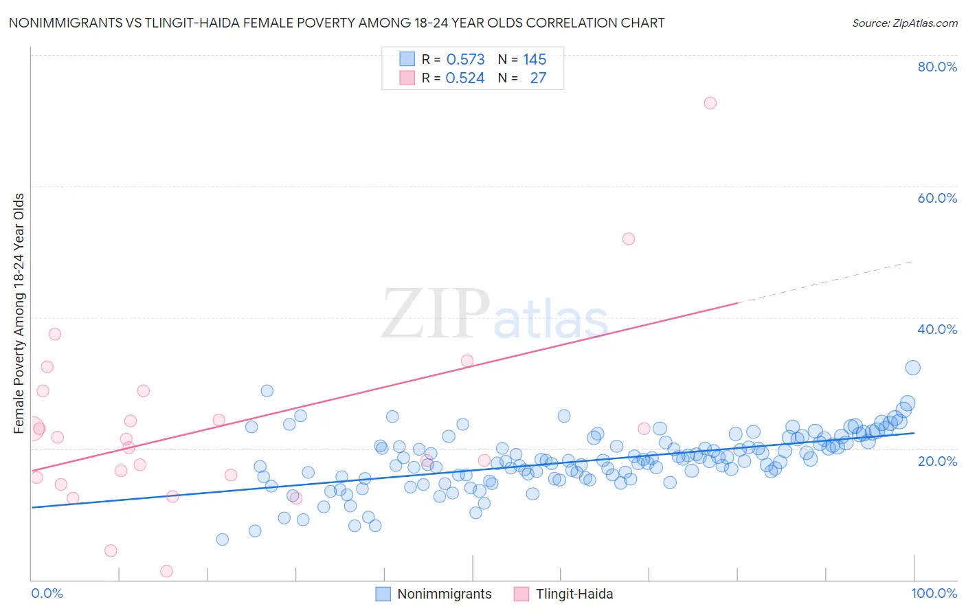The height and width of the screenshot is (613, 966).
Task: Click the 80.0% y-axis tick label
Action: point(936,67)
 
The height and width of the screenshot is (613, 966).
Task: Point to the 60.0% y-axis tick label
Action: point(936,198)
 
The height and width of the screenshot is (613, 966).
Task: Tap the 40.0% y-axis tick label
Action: point(936,329)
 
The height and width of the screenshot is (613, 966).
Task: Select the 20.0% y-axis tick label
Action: point(936,460)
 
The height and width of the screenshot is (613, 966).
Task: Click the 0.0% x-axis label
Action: point(47,593)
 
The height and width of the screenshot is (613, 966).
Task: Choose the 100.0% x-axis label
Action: point(934,593)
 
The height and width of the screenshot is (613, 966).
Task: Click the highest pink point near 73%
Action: point(710,103)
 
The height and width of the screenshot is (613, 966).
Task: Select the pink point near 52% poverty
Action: point(628,239)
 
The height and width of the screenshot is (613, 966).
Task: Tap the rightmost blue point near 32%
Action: point(912,368)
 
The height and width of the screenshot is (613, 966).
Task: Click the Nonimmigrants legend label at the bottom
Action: point(445,594)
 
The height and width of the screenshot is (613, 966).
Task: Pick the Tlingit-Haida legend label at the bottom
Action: point(574,594)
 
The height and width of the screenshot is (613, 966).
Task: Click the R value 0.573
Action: point(465,60)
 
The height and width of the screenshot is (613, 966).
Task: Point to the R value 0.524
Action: point(465,78)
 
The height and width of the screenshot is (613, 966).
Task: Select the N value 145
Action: point(535,60)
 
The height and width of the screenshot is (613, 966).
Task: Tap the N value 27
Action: point(538,78)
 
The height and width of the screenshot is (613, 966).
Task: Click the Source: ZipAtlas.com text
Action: point(904,23)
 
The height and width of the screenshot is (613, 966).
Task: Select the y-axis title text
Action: point(19,313)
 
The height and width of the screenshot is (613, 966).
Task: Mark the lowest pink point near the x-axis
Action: point(166,571)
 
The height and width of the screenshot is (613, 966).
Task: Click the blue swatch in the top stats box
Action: point(407,59)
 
